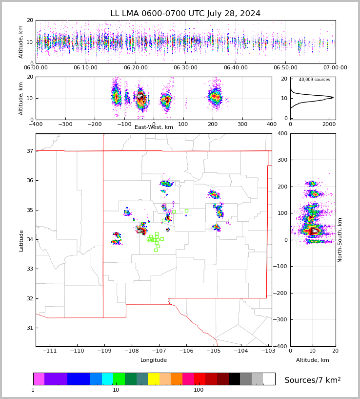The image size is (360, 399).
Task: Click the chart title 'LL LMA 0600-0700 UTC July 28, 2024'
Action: [x=185, y=14]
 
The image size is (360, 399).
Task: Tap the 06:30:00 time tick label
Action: [x=185, y=68]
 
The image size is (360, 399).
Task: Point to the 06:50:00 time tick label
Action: [x=285, y=68]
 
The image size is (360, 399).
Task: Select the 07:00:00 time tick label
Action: [x=335, y=68]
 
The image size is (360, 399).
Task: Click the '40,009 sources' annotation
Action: [x=314, y=80]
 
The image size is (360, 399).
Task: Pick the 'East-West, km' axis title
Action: [x=154, y=127]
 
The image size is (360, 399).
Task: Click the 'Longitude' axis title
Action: [x=154, y=360]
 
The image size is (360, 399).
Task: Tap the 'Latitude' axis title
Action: [x=21, y=240]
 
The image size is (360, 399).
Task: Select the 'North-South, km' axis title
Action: [x=340, y=240]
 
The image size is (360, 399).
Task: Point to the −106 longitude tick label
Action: [x=186, y=351]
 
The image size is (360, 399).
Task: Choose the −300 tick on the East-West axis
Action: [x=65, y=124]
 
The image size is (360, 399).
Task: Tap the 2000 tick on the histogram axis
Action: [x=328, y=124]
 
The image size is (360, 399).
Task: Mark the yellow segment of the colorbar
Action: [x=154, y=379]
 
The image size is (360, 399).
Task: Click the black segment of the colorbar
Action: [x=234, y=379]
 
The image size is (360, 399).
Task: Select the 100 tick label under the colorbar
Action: [x=199, y=390]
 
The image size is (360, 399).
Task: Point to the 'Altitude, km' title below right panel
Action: [x=313, y=360]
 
